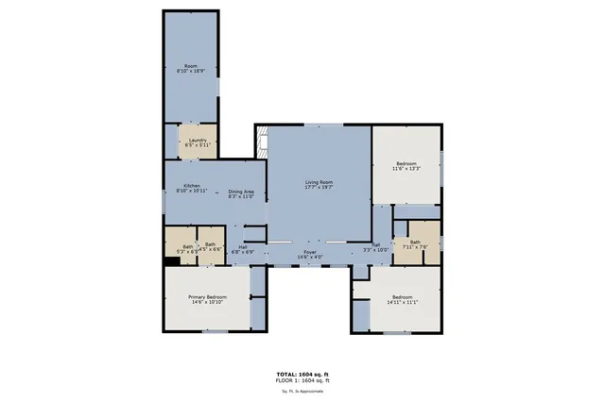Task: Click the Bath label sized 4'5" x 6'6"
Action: click(211, 247)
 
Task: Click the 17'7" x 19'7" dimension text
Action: click(320, 187)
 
